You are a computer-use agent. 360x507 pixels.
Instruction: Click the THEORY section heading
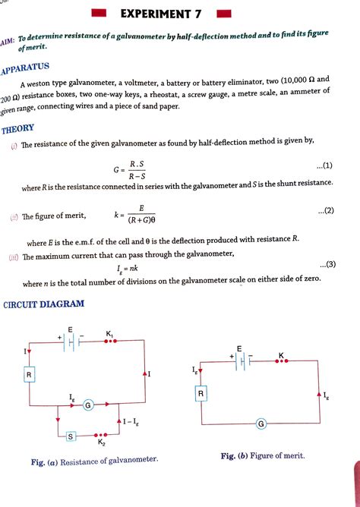[17, 130]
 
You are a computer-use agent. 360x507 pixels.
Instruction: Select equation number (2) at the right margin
[324, 211]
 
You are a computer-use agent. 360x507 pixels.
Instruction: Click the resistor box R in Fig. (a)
[28, 375]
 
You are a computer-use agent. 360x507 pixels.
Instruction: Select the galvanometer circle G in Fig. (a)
[88, 405]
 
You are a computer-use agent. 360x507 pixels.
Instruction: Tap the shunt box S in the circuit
[70, 436]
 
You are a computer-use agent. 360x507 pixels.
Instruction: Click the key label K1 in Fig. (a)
[110, 334]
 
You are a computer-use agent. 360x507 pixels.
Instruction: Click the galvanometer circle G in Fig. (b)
[261, 424]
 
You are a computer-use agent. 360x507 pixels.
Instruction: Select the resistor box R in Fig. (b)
[201, 394]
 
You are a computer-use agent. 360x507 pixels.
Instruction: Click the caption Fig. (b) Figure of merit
[262, 455]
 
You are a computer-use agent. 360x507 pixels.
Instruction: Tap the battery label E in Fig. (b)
[238, 348]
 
